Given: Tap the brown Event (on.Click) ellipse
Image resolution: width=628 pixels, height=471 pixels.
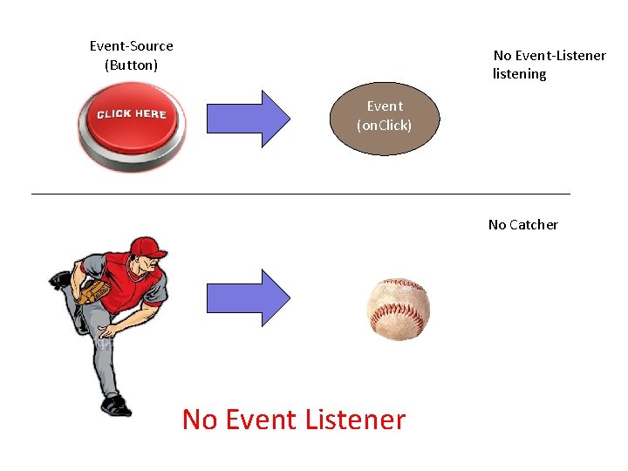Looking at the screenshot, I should coord(384,117).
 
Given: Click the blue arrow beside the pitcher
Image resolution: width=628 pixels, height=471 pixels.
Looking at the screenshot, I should coord(248,297).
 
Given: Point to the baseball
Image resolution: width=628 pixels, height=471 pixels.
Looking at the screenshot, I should coord(399,310).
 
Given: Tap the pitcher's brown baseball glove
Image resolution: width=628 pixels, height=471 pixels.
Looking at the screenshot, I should coord(93,291).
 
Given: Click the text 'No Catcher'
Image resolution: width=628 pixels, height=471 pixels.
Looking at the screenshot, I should coord(522,225).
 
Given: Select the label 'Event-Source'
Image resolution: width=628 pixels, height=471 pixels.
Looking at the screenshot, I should coord(132,46).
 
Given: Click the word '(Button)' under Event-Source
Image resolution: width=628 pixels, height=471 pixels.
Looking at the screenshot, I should coord(132,65).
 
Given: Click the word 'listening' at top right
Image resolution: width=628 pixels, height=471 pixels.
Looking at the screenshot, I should coord(520,74).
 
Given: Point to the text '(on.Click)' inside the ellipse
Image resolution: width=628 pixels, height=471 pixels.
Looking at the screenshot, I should coord(384,126).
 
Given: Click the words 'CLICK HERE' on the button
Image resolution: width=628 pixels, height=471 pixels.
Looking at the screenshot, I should coord(131,114).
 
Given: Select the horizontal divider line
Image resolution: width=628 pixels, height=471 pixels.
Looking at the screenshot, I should coord(300,193).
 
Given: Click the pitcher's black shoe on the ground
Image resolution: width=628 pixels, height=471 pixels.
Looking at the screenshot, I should coord(116,406).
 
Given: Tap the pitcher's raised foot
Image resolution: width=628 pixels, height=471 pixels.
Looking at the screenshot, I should coord(60,280).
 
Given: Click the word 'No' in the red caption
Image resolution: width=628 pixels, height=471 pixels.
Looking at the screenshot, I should coord(200,420).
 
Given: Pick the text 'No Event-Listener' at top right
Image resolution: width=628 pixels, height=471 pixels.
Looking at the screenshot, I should coord(549,56).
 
